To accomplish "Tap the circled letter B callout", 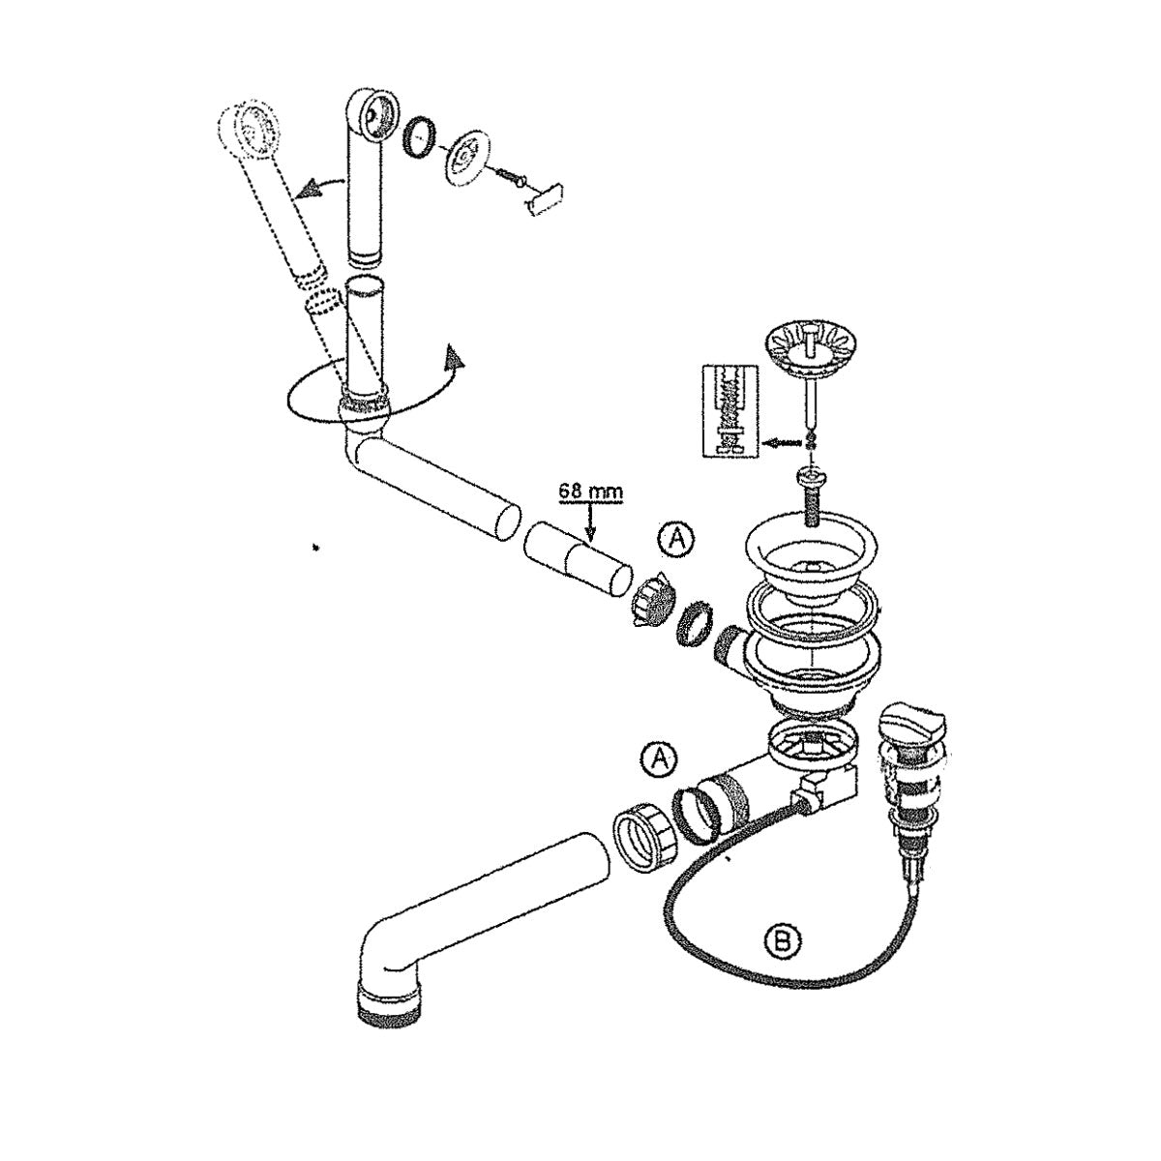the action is tap(784, 957).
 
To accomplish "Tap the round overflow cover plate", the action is tap(467, 158).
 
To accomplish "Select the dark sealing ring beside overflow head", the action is tap(418, 138).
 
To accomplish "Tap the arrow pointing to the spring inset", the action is tap(784, 441).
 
